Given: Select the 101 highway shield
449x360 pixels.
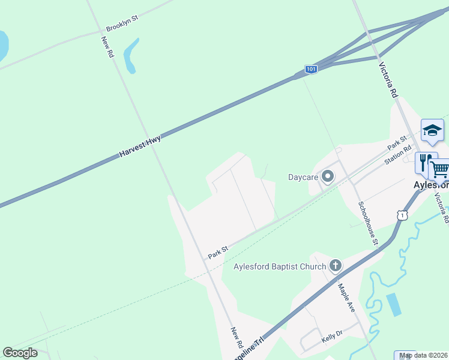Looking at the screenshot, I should pos(310,70).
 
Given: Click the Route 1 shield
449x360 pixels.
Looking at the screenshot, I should pos(402,214).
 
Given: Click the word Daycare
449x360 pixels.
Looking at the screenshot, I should pos(303,177).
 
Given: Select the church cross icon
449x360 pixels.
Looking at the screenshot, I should pos(336,265).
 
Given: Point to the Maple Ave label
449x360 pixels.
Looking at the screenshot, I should pos(346,298).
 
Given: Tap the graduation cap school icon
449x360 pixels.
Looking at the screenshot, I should pos(432,130).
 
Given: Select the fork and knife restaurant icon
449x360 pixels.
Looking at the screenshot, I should pos(425,163).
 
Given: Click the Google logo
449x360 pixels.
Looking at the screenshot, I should pos(20,352).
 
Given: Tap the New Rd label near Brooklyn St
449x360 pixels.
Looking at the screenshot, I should pos(107,47).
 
